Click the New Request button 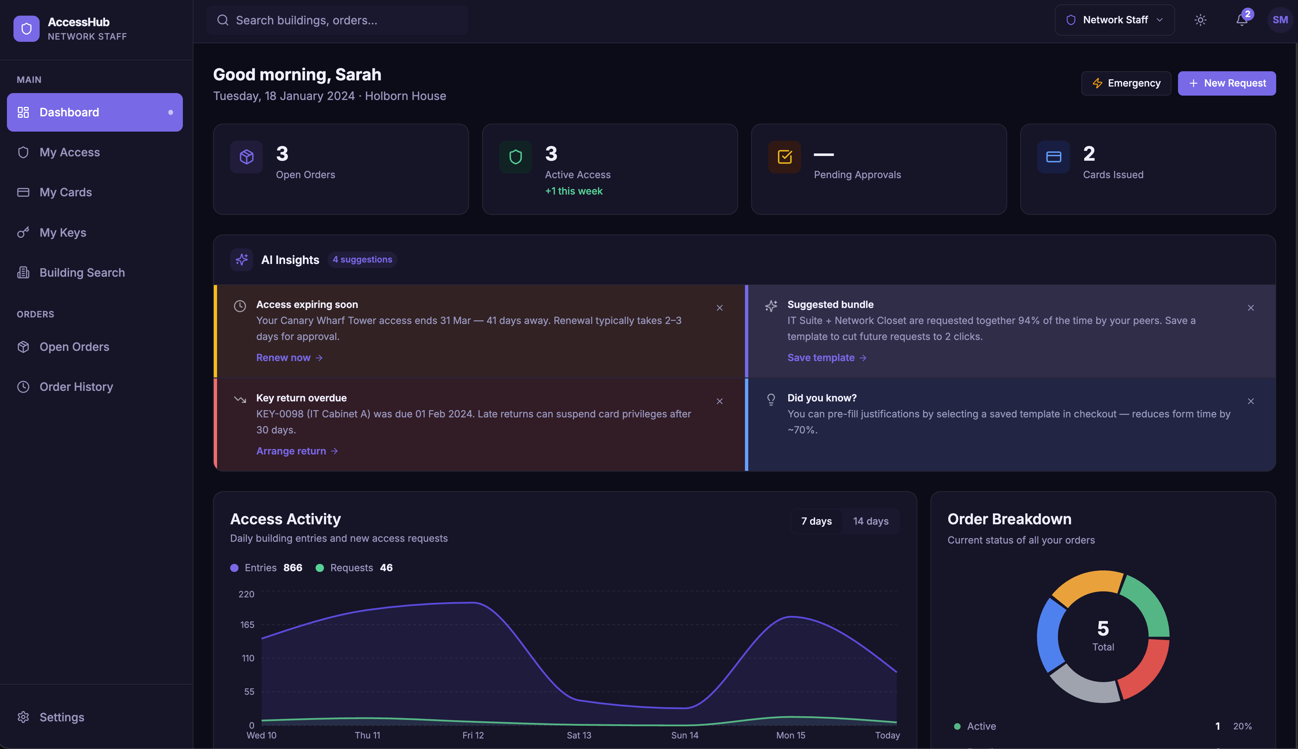point(1226,83)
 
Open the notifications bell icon point(1241,20)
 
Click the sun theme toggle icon point(1200,20)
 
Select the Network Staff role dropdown point(1114,20)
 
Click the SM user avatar point(1280,20)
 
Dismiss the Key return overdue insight point(720,401)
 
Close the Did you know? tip point(1251,401)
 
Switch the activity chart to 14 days point(871,521)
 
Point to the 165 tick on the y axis point(247,625)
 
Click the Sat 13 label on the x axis point(579,735)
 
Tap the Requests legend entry point(354,568)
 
